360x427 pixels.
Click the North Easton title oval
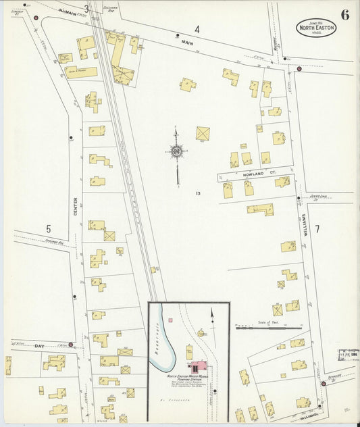tap(315, 28)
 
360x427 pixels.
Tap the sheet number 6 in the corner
tap(344, 16)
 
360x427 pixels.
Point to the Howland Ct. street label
tap(251, 175)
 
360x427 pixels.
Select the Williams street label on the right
tap(305, 224)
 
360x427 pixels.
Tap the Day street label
tap(20, 345)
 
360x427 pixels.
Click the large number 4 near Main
tap(197, 29)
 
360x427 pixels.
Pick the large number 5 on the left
tap(49, 229)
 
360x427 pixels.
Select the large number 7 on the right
tap(316, 228)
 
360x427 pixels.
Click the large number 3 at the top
tap(86, 9)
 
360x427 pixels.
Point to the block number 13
tap(198, 194)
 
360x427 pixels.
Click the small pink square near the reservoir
tap(171, 319)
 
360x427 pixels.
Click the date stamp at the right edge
tap(347, 353)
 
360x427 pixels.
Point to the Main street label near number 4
tap(187, 41)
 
